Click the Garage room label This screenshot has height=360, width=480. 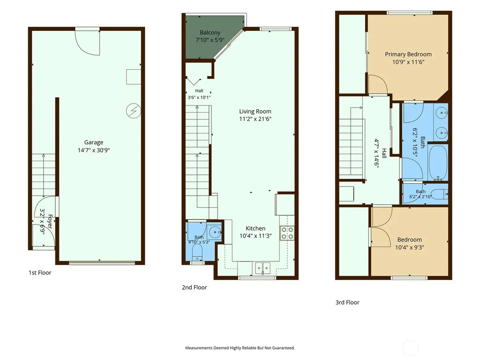(94, 142)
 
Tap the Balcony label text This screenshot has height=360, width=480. (210, 32)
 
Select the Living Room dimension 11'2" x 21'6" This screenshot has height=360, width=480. (255, 119)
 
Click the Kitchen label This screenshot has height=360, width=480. (255, 228)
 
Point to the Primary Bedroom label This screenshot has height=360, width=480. (408, 54)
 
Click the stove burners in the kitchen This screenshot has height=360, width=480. (287, 233)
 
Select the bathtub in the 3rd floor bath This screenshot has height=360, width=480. (438, 162)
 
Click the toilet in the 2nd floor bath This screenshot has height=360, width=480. (197, 252)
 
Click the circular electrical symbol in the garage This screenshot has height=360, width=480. (134, 111)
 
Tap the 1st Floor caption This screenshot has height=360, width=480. (40, 273)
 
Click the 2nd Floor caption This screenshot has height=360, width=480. (195, 287)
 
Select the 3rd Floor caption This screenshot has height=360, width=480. (347, 302)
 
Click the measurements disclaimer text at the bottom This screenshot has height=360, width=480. (240, 348)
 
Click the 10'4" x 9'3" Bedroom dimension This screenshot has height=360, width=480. (409, 247)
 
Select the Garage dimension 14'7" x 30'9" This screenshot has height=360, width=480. (94, 150)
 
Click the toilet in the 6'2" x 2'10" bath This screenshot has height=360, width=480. (442, 194)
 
